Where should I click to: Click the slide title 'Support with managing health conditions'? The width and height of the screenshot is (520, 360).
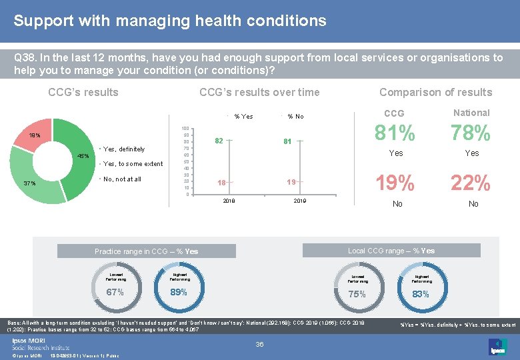(170, 21)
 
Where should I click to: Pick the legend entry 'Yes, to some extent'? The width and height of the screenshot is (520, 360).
(133, 163)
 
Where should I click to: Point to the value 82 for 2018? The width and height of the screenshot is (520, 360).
(219, 141)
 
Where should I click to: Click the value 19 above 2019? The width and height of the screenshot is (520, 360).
(291, 181)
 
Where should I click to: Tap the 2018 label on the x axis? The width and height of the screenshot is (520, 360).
(229, 200)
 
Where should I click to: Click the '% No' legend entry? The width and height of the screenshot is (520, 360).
(295, 117)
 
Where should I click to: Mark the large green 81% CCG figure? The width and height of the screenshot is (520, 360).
(396, 134)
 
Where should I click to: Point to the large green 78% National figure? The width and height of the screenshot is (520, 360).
(471, 134)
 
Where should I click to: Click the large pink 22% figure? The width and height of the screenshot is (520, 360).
(471, 182)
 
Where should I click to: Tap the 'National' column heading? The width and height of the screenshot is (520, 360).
(471, 113)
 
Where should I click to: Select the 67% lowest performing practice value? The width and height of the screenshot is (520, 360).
(115, 293)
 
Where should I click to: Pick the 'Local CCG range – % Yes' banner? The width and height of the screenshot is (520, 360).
(391, 251)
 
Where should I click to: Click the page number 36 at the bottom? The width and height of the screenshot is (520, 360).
(260, 344)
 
